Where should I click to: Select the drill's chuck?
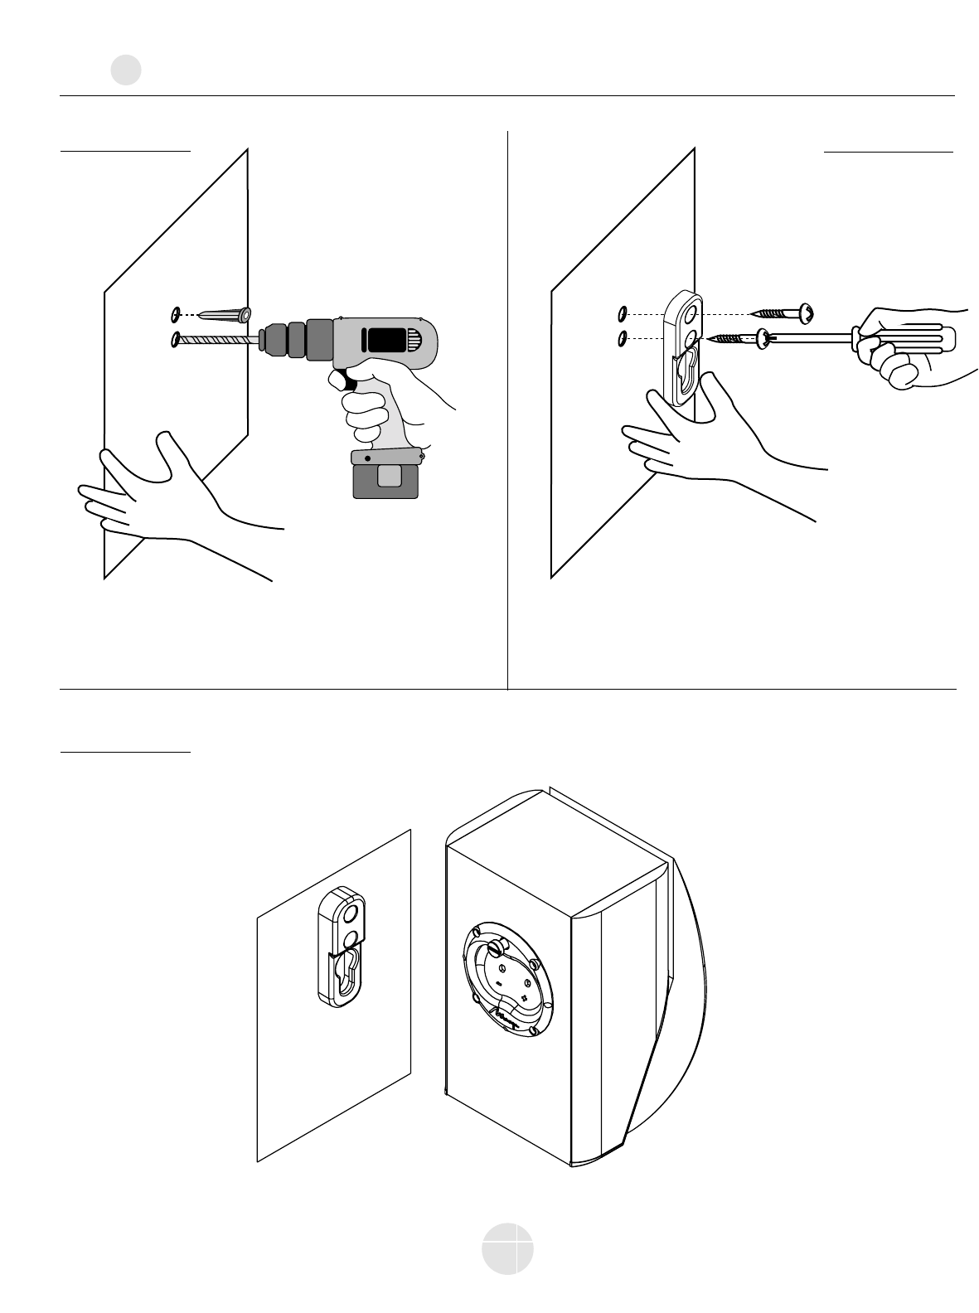coord(282,339)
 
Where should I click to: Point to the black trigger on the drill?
coord(340,382)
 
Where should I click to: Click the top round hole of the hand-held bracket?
coord(690,314)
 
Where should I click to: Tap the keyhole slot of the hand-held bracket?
coord(688,369)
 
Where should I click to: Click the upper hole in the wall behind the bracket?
coord(622,314)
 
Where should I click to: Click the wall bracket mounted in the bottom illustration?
coord(342,947)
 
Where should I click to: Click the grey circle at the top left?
coord(126,70)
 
